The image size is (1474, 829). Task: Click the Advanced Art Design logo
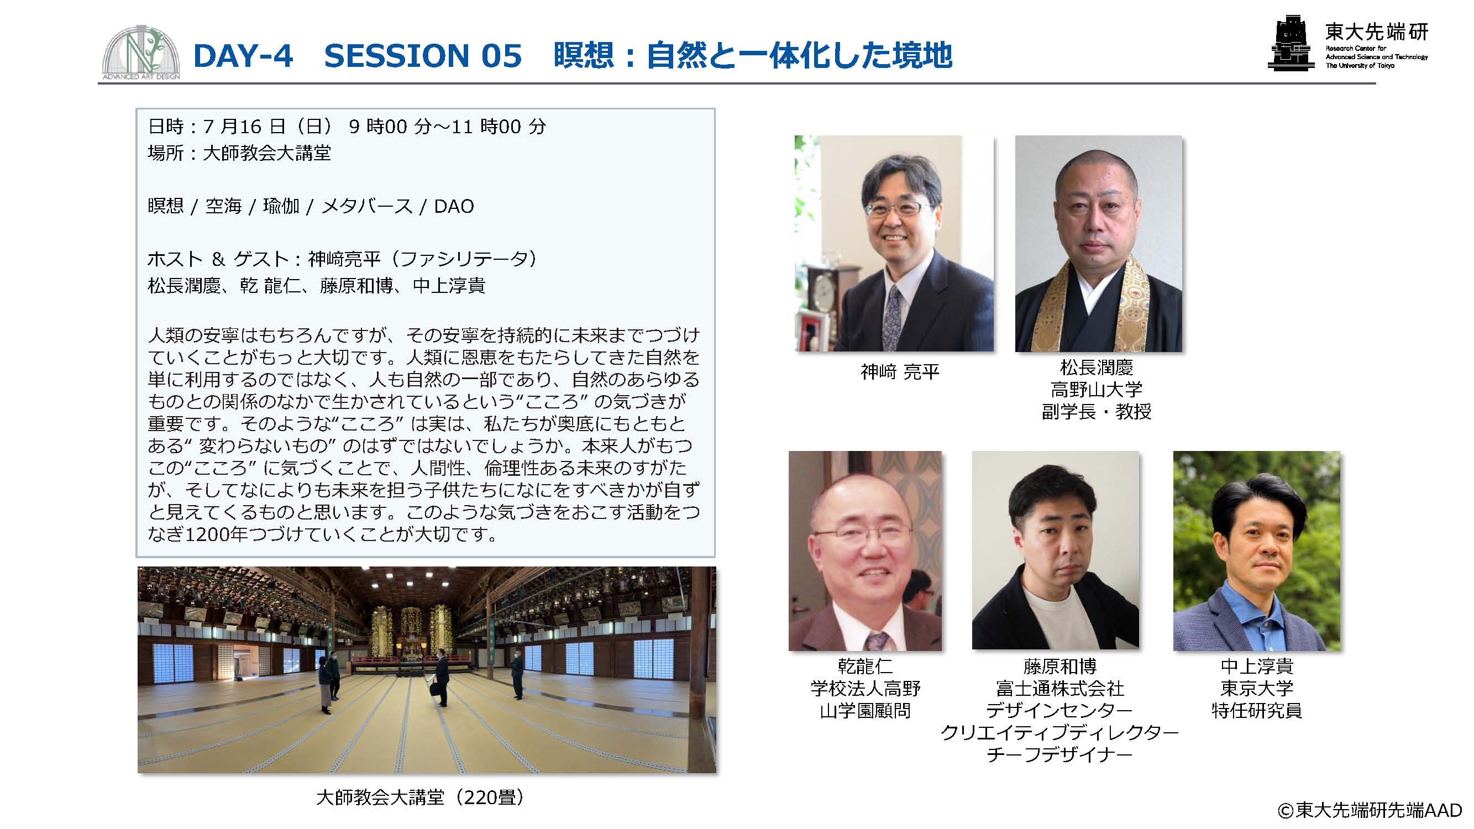tap(141, 53)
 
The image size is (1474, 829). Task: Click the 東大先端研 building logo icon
tap(1291, 43)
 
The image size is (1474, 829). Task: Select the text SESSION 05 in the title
tap(423, 55)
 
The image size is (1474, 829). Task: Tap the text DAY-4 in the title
tap(243, 55)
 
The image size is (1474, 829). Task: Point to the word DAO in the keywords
tap(454, 206)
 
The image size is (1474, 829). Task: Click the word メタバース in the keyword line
tap(366, 206)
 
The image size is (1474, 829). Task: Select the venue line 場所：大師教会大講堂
tap(239, 153)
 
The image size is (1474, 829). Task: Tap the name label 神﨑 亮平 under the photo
tap(900, 372)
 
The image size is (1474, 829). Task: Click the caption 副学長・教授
tap(1097, 411)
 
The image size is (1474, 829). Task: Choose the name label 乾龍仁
tap(864, 666)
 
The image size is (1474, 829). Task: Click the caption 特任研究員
tap(1257, 711)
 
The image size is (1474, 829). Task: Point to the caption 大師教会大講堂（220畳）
tap(420, 797)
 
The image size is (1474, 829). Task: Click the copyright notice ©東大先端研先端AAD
tap(1370, 810)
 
